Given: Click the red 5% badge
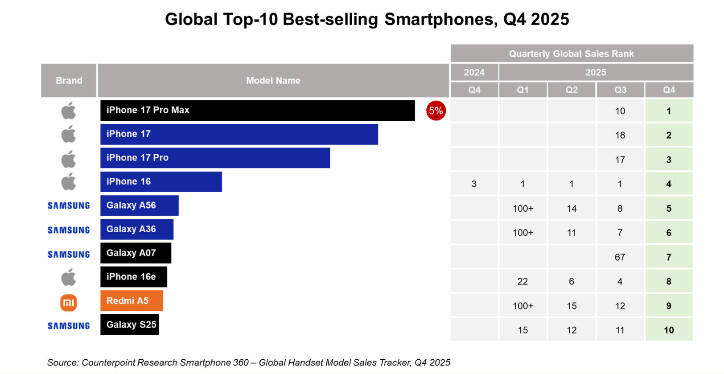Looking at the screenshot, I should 436,111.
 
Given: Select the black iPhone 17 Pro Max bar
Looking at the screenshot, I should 257,110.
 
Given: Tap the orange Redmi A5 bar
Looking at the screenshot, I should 132,301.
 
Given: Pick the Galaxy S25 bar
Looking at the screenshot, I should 129,325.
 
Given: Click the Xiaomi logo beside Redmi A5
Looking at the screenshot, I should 69,303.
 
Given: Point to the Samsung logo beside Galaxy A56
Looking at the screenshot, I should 69,205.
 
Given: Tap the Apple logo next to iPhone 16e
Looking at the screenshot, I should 69,277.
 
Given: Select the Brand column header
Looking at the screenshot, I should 69,81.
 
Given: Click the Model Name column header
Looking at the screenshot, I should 273,81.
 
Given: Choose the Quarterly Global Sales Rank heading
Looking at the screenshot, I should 571,53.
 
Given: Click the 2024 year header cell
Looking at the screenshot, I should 474,72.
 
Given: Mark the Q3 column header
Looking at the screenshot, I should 620,90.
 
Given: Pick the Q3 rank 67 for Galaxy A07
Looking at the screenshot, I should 620,257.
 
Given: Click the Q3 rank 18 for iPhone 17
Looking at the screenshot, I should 620,136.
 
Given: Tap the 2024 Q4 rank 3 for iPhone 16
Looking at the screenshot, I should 474,184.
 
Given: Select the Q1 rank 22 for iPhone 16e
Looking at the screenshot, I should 522,282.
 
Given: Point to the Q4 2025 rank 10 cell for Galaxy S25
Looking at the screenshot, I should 669,330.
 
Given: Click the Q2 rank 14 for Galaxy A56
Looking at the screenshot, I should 572,209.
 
